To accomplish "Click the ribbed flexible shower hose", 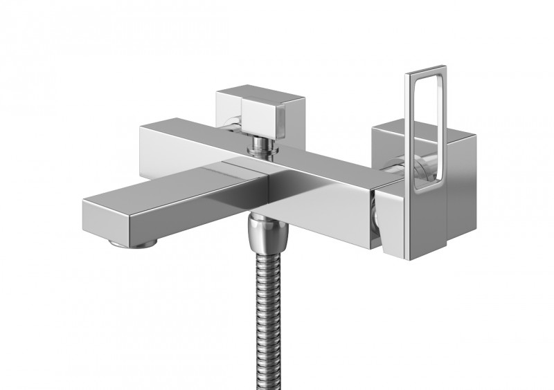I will tap(258, 311).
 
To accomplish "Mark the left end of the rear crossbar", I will tap(149, 142).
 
